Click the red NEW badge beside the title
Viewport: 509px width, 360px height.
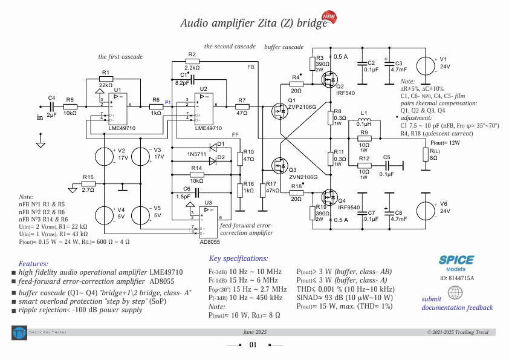(329, 17)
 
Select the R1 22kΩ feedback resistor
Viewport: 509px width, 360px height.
(106, 79)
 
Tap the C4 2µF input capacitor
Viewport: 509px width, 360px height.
(51, 106)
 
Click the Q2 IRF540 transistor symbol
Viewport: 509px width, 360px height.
(329, 79)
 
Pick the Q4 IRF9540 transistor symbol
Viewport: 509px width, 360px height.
(329, 196)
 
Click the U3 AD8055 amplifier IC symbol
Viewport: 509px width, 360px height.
(208, 221)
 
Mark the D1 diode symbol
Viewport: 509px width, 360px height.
(212, 147)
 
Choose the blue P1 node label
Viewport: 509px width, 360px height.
(168, 102)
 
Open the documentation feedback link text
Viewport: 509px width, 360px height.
(457, 307)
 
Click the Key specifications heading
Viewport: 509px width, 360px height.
(238, 258)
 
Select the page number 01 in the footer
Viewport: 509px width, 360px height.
(254, 345)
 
